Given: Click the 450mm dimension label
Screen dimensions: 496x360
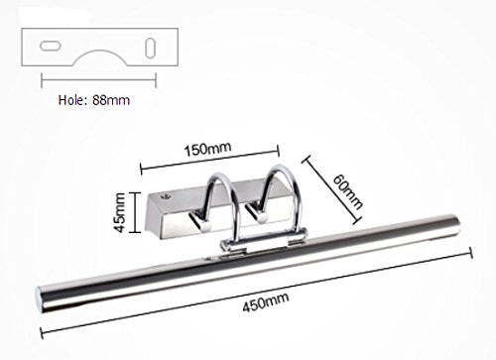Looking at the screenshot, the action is tap(266, 301).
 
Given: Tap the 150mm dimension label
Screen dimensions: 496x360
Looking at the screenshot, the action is tap(207, 149).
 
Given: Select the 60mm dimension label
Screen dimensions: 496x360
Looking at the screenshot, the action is tap(347, 191).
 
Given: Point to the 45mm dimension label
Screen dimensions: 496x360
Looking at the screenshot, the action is tap(119, 212).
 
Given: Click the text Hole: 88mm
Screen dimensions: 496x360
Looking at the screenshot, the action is tap(94, 100).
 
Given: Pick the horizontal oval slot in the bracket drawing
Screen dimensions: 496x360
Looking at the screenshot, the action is tap(51, 46).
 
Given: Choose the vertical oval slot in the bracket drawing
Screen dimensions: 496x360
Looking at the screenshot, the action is tap(150, 48).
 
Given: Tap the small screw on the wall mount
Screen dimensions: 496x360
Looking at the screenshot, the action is tap(164, 196).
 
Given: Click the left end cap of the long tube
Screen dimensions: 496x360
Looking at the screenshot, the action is tap(39, 300).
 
